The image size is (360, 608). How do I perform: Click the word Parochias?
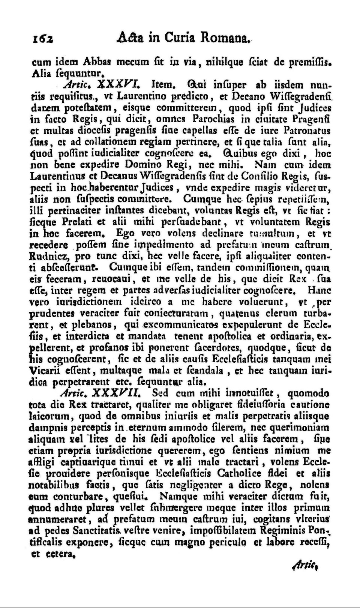click(214, 119)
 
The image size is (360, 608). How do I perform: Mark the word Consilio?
click(261, 176)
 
